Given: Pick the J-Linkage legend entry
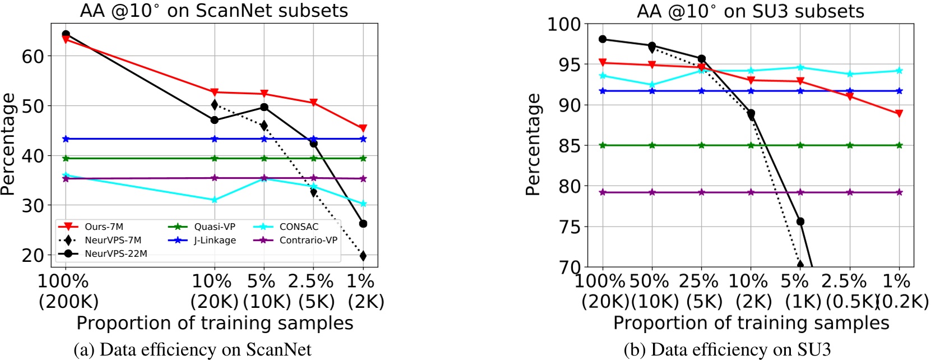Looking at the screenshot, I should tap(202, 240).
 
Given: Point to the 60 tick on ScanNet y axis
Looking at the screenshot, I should tap(33, 56).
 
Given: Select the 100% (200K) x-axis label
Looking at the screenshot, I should tap(66, 290).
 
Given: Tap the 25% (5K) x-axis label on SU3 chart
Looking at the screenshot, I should tap(701, 290).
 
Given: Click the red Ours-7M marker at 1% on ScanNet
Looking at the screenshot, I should tap(363, 128).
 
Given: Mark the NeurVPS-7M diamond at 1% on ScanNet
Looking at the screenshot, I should tap(363, 256).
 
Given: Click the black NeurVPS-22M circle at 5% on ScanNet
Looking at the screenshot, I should tap(264, 107).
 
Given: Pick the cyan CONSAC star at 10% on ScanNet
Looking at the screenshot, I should tap(214, 200).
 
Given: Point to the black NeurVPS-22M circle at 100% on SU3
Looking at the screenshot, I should tap(603, 39).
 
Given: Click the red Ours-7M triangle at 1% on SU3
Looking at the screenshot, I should tap(899, 113).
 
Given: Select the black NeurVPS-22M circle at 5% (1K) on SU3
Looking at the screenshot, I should tap(800, 221).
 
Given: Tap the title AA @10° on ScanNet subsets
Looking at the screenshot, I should tap(214, 11).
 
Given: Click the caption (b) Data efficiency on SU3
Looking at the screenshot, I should tap(727, 350).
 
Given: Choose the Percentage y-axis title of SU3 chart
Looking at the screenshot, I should tap(533, 145).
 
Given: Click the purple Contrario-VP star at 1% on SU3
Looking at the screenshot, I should tap(899, 192).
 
